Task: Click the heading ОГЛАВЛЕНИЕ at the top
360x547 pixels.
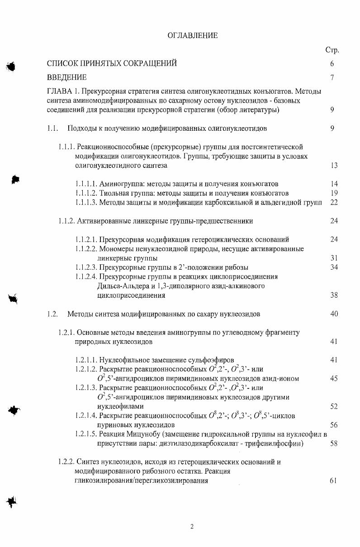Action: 192,35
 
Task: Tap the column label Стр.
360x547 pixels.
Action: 332,50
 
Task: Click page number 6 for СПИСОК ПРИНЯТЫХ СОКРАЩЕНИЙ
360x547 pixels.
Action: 332,64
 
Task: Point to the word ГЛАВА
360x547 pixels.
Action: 59,91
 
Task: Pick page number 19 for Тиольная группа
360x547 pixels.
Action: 334,193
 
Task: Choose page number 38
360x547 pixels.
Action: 334,295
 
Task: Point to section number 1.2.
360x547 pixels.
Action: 52,314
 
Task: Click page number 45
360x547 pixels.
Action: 334,378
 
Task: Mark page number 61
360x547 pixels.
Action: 334,480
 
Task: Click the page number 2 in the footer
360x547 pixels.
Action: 192,526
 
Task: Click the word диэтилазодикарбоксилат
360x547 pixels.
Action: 196,443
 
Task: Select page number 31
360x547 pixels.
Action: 334,258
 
